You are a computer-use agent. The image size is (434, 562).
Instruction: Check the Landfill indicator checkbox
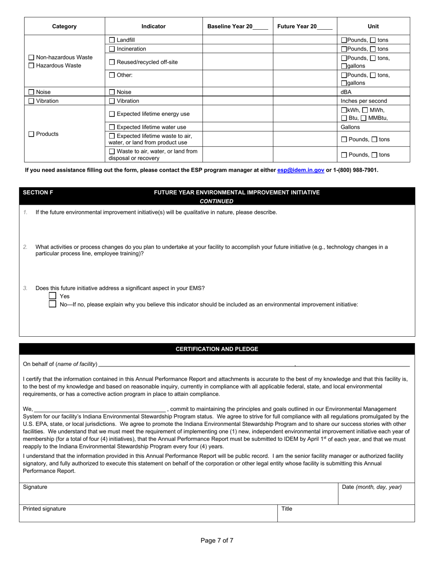click(x=112, y=40)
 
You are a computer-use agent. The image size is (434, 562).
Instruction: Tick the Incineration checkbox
click(x=112, y=49)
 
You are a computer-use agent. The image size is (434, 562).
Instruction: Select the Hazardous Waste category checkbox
click(x=31, y=66)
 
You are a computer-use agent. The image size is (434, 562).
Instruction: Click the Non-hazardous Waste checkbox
click(x=31, y=58)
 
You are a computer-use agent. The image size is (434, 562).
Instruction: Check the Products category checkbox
click(x=31, y=134)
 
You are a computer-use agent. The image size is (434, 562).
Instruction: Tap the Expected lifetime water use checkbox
click(x=112, y=127)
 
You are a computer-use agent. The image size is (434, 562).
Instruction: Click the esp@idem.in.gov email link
click(x=301, y=170)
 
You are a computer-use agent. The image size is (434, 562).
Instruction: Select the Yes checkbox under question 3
click(x=53, y=296)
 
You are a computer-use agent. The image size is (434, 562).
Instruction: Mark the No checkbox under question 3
click(x=53, y=304)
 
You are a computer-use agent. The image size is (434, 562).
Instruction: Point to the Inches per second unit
click(x=364, y=101)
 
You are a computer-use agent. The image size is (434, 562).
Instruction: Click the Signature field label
click(x=35, y=487)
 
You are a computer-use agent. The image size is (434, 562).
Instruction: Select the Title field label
click(x=286, y=509)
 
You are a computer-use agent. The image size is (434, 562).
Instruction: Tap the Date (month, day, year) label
click(x=371, y=487)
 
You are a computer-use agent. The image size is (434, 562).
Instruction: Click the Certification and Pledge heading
click(x=217, y=349)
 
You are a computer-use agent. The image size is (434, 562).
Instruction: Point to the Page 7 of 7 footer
click(x=217, y=541)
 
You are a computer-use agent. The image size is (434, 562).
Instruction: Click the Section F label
click(x=38, y=193)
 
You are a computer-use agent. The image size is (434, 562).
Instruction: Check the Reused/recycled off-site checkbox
click(x=112, y=62)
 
